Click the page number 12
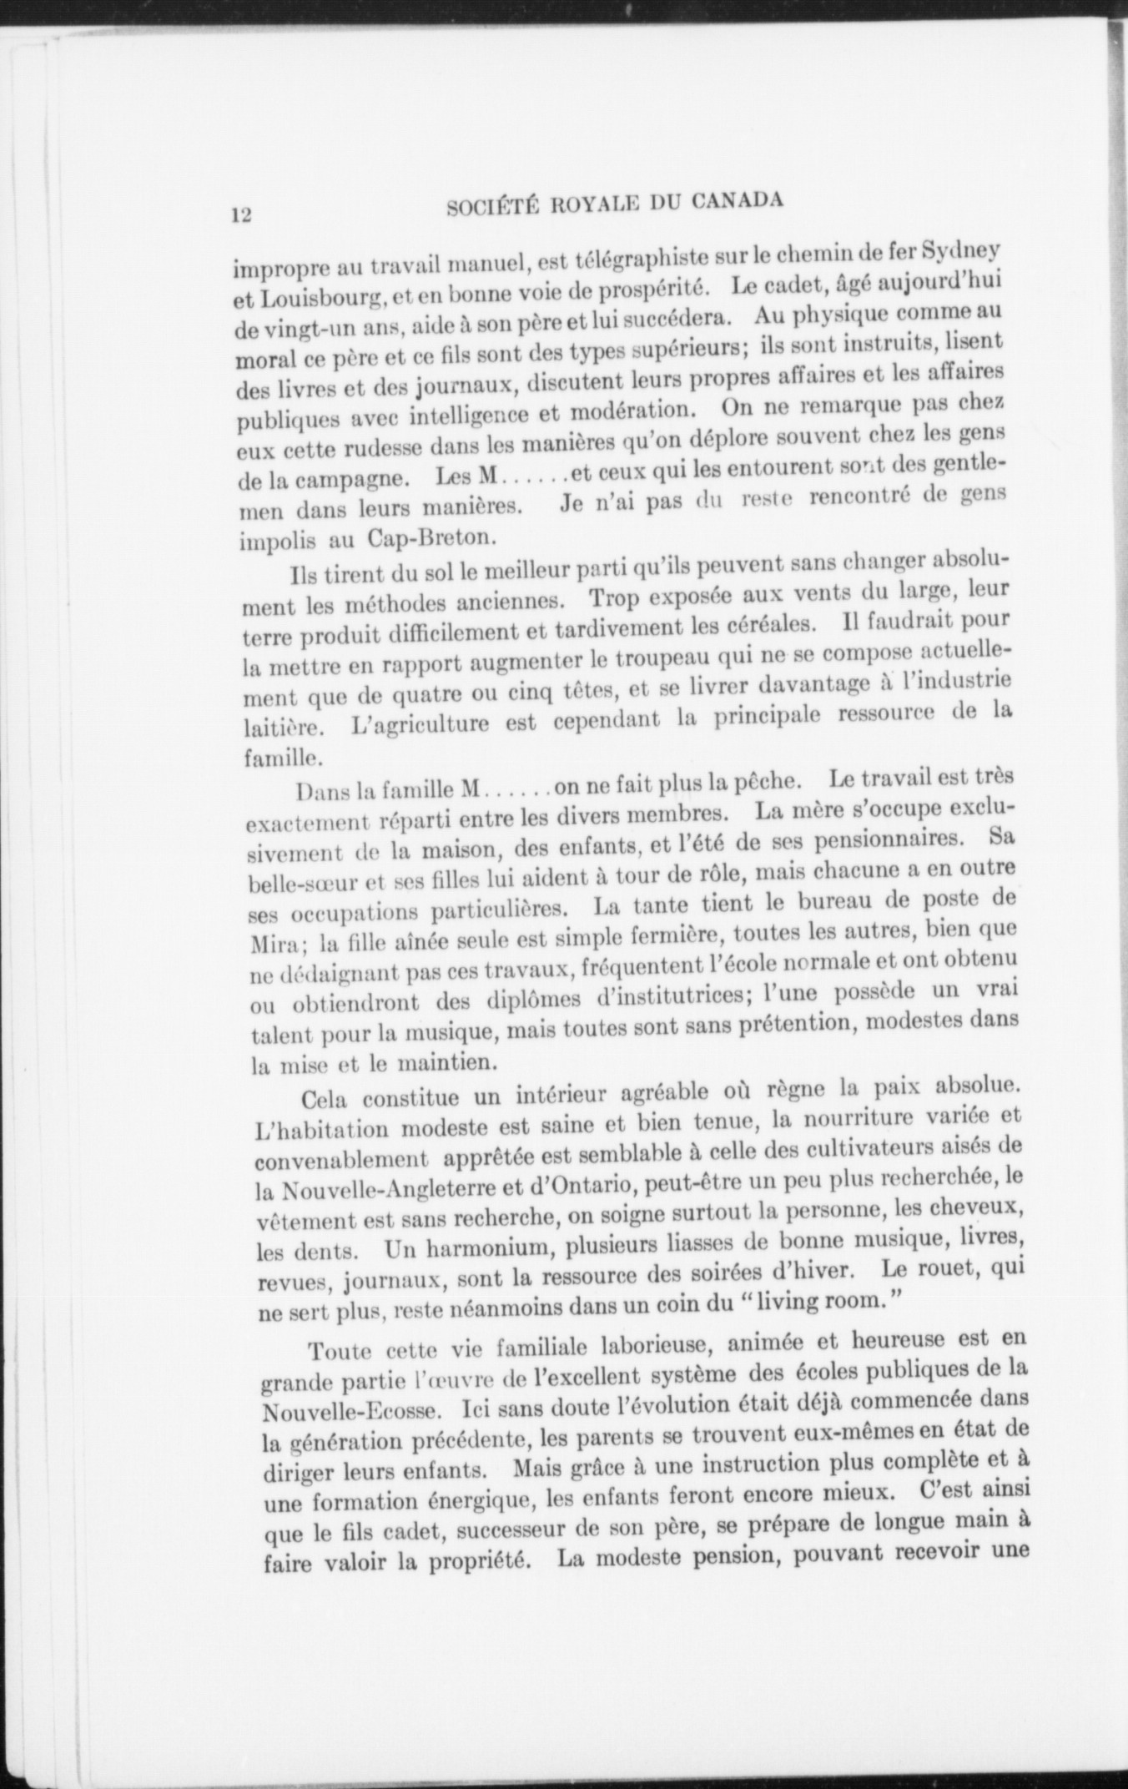pos(242,214)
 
